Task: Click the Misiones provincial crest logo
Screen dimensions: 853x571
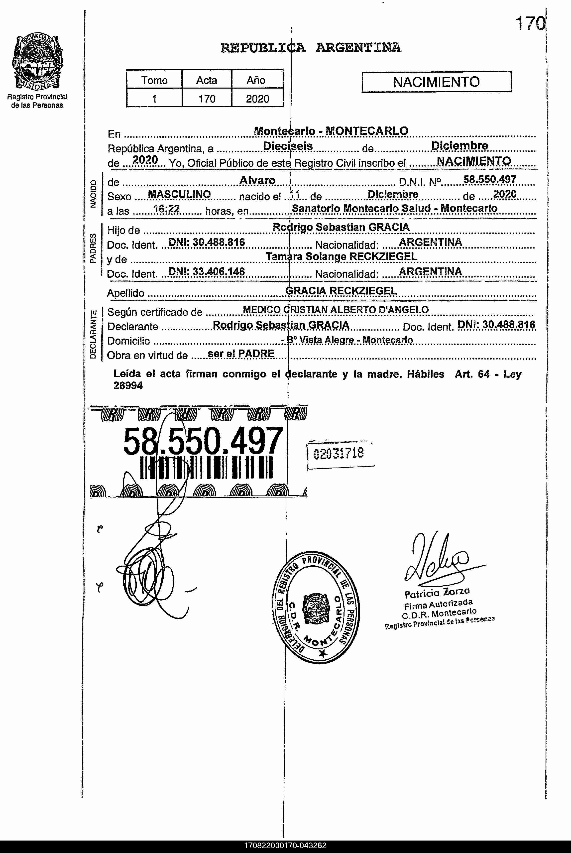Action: tap(37, 61)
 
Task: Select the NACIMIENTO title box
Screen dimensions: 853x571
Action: tap(436, 82)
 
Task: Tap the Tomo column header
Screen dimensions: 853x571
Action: tap(154, 80)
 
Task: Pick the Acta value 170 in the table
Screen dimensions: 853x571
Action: tap(207, 99)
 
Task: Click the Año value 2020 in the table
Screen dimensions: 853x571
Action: tap(257, 99)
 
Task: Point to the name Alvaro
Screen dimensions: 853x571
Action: tap(257, 180)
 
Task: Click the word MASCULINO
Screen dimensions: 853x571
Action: tap(179, 195)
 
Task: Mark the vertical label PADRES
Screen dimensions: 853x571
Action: tap(93, 248)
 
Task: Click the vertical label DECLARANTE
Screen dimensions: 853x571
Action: tap(93, 334)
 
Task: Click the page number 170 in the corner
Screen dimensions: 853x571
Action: tap(531, 24)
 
